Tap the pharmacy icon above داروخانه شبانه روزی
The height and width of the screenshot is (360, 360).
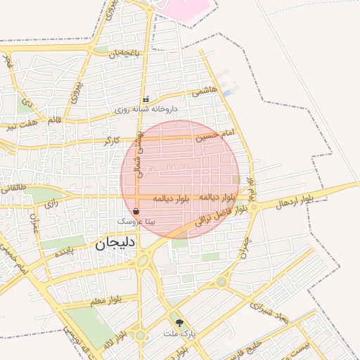[146, 100]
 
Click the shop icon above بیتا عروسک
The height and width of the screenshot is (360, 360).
[136, 211]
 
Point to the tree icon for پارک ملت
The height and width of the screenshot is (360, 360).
[181, 323]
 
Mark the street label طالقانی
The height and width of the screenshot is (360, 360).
[15, 188]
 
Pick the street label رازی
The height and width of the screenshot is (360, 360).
[51, 204]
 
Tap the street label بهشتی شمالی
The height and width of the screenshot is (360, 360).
[139, 153]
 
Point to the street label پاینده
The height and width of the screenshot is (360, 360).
[64, 252]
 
